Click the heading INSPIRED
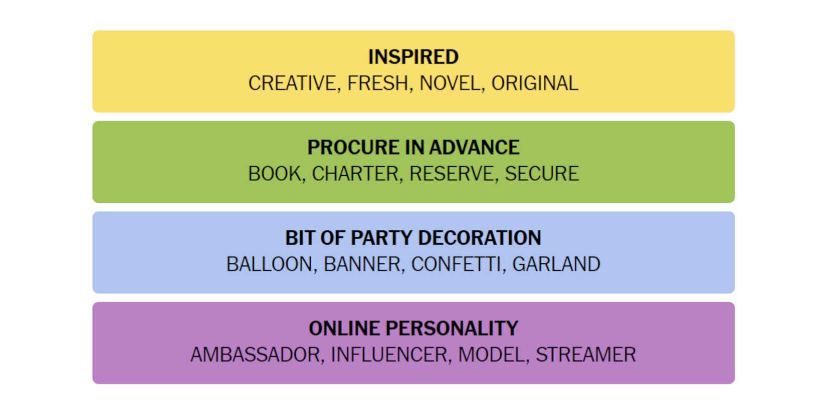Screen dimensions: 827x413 coord(413,57)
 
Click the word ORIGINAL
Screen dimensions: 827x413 coord(535,83)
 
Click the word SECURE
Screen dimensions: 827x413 coord(542,174)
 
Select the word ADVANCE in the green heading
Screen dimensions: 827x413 coord(475,147)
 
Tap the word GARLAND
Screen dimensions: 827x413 coord(556,264)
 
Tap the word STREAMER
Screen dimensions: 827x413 coord(586,355)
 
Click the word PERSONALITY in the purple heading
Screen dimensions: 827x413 coord(452,328)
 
